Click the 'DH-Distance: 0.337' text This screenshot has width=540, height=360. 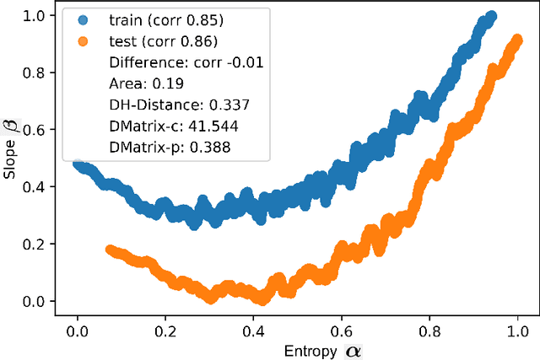[x=170, y=105]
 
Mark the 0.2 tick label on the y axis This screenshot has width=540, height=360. [x=35, y=244]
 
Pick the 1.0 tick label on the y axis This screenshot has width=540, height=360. [x=35, y=15]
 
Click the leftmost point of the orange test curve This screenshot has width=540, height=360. [x=110, y=250]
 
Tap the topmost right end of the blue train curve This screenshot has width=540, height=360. [x=491, y=16]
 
